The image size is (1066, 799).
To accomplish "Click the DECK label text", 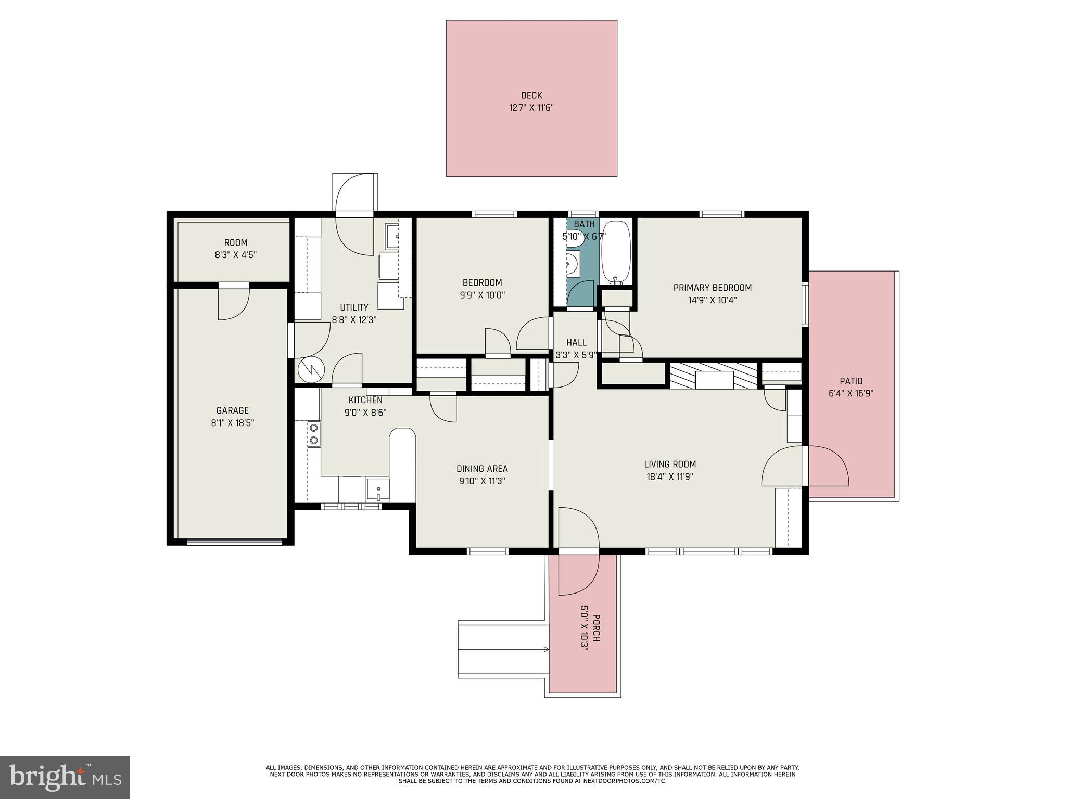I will point(531,96).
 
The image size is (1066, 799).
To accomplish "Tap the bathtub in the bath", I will point(616,251).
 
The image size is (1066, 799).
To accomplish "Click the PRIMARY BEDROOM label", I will point(712,288).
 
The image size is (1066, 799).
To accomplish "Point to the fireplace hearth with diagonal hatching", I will point(713,376).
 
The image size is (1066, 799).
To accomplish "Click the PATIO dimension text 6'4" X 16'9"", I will point(851,394).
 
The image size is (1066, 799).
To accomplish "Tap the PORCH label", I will point(597,628).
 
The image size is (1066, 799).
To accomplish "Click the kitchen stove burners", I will point(314,434).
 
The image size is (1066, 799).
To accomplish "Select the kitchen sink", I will point(378,489).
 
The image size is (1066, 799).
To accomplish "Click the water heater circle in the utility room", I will point(311,370).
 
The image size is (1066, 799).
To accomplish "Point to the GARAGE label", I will point(233,410).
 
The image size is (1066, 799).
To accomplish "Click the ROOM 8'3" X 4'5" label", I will point(236,249).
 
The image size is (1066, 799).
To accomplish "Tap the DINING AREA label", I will point(482,469).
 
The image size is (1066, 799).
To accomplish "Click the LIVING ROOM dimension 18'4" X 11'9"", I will point(669,476).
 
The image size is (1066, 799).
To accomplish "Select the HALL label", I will point(576,342).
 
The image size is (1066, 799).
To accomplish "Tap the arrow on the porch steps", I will point(545,649).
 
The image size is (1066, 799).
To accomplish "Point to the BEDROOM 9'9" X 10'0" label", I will point(482,289).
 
